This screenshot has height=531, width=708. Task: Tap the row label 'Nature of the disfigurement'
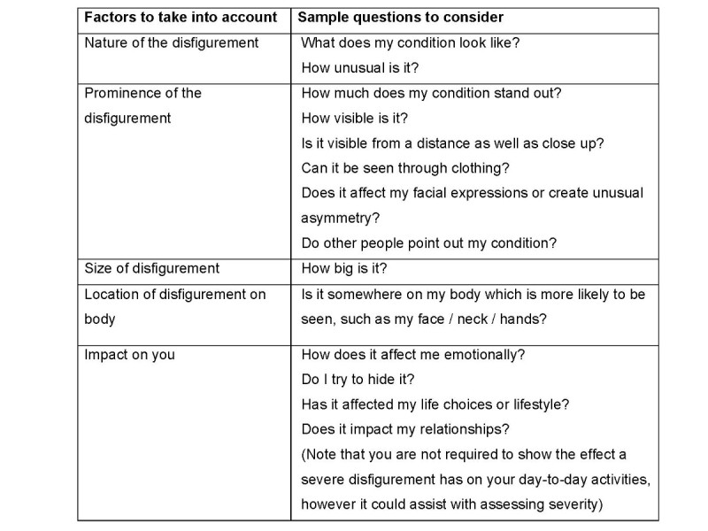pyautogui.click(x=171, y=42)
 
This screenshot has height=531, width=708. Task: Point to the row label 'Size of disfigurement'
pyautogui.click(x=151, y=268)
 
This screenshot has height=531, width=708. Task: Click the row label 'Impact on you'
pyautogui.click(x=129, y=355)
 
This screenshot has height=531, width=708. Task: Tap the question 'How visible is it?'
pyautogui.click(x=355, y=118)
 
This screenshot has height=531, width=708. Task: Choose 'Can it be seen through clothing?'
pyautogui.click(x=406, y=167)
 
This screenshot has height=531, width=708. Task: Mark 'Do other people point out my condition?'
pyautogui.click(x=428, y=243)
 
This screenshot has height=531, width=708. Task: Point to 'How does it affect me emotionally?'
pyautogui.click(x=413, y=355)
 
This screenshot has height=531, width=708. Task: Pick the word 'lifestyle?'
pyautogui.click(x=538, y=404)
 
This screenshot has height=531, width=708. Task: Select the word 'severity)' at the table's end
pyautogui.click(x=573, y=504)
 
